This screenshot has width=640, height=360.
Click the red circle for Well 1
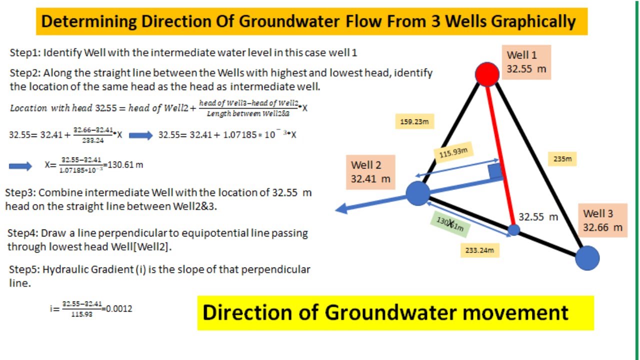click(487, 74)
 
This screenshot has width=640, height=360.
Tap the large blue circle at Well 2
click(418, 193)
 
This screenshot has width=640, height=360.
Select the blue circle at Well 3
click(587, 258)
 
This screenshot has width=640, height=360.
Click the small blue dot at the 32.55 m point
click(514, 230)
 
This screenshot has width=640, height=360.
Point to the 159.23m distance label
click(414, 121)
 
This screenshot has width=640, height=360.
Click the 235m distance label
click(562, 159)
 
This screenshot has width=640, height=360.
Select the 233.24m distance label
click(479, 250)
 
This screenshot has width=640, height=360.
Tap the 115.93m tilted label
click(456, 152)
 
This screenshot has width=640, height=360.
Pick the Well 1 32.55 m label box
click(526, 62)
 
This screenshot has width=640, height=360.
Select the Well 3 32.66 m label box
click(602, 220)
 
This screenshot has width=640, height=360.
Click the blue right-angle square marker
click(495, 171)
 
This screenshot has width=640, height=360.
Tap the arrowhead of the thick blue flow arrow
click(341, 208)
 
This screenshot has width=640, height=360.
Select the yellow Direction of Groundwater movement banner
click(395, 313)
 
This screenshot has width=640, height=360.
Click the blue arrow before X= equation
click(20, 166)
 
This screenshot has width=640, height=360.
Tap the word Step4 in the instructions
click(21, 233)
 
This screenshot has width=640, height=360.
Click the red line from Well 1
click(500, 150)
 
